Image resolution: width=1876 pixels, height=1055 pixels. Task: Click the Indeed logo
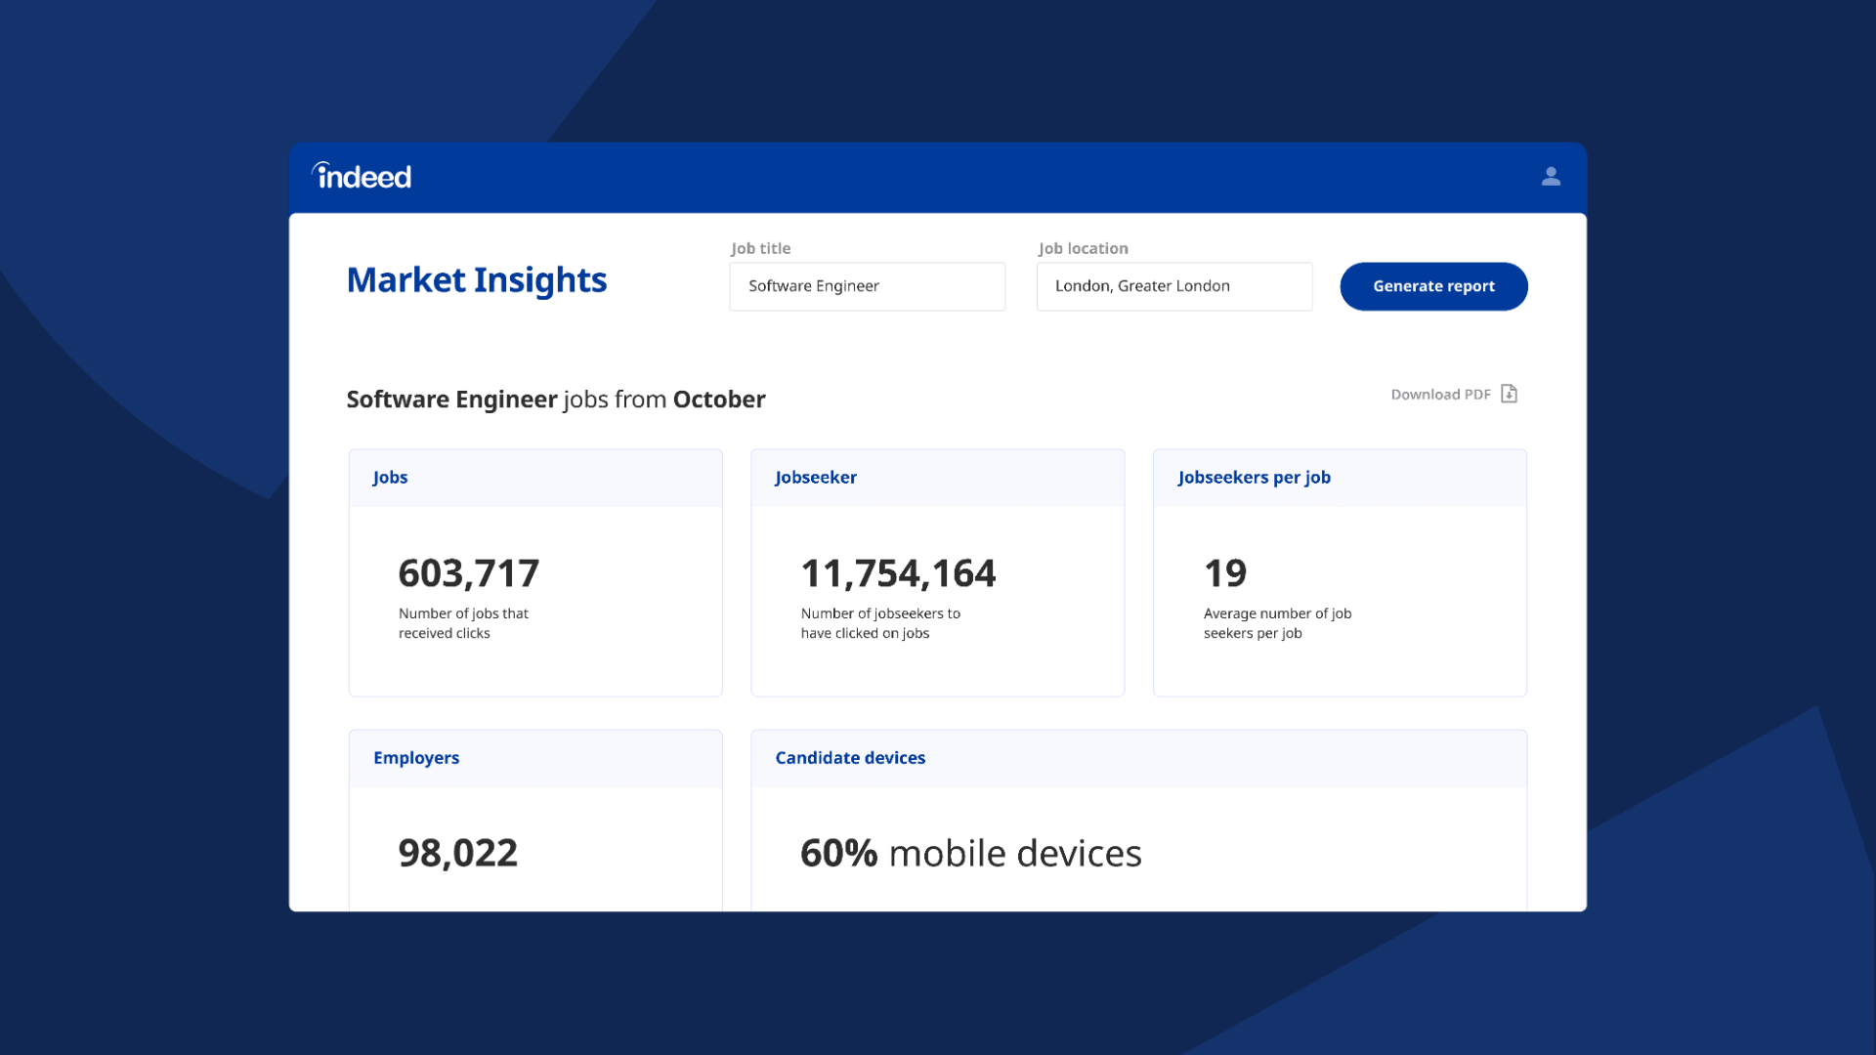pos(362,176)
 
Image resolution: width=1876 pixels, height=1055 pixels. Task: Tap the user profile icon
pos(1551,176)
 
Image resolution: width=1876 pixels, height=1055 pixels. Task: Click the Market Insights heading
pos(477,280)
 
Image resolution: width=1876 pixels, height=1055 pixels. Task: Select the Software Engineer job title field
pos(867,286)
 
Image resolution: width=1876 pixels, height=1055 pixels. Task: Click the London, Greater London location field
pos(1173,286)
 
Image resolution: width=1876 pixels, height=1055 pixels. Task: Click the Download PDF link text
pos(1440,395)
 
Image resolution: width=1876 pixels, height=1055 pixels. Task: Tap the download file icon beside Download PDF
pos(1509,394)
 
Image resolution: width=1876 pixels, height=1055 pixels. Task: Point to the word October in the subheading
pos(719,400)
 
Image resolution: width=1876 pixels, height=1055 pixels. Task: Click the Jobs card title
pos(390,478)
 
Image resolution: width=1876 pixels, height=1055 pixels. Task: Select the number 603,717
pos(469,573)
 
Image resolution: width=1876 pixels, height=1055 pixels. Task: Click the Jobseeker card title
pos(816,478)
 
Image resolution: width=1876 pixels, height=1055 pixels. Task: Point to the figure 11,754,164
pos(898,573)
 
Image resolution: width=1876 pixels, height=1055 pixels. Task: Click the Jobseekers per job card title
pos(1254,478)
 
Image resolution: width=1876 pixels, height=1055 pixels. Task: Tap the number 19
pos(1225,573)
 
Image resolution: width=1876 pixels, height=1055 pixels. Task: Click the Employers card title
pos(416,758)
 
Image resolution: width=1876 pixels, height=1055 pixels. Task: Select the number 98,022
pos(458,854)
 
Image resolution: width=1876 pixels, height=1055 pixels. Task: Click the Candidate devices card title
pos(850,758)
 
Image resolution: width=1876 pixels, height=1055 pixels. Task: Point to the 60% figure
pos(839,854)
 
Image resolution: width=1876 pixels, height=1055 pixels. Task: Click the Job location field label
pos(1083,249)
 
